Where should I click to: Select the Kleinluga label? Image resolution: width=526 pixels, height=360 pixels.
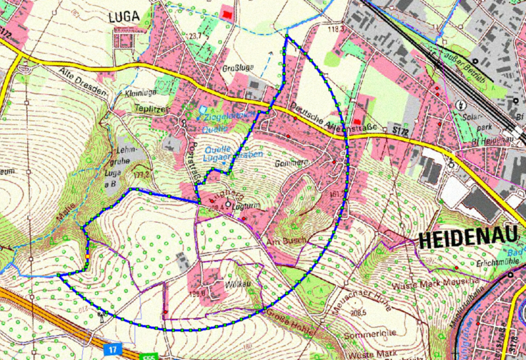point(140,93)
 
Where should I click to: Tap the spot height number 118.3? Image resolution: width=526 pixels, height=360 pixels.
point(333,29)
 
